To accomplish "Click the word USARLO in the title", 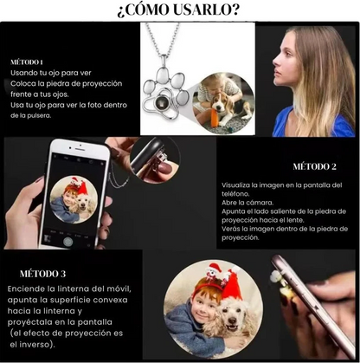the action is (x=202, y=10).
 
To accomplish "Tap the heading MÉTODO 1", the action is (x=27, y=62).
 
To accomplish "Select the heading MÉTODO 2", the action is (x=314, y=166).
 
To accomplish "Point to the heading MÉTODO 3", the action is (x=42, y=274).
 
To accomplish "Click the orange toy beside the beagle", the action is (x=215, y=118).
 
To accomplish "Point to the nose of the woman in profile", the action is (x=275, y=62).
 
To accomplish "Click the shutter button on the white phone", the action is (x=68, y=242).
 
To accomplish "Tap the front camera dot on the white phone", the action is (x=80, y=145).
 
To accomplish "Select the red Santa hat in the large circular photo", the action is (x=232, y=287).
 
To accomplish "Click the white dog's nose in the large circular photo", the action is (x=231, y=321).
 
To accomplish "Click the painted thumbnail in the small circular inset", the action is (x=164, y=168).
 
